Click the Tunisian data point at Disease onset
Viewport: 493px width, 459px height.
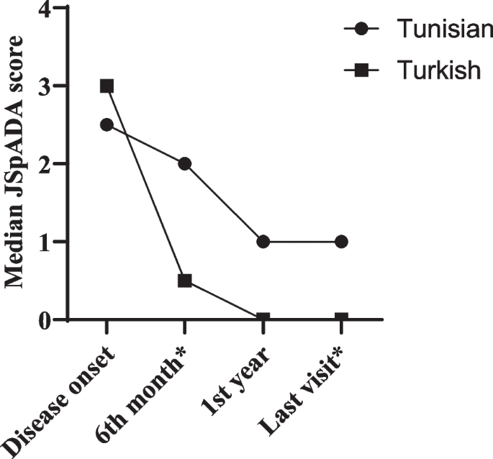coord(107,124)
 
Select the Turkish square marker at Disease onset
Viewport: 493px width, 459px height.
coord(107,86)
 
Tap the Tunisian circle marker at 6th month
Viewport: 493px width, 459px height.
coord(185,164)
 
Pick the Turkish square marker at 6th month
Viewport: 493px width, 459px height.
coord(185,281)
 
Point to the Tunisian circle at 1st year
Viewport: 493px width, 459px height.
coord(263,242)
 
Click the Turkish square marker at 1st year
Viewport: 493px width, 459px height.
coord(263,318)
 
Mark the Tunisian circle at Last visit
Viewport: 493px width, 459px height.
coord(341,242)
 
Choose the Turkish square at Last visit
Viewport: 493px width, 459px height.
coord(341,318)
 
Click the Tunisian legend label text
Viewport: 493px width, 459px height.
coord(444,30)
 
